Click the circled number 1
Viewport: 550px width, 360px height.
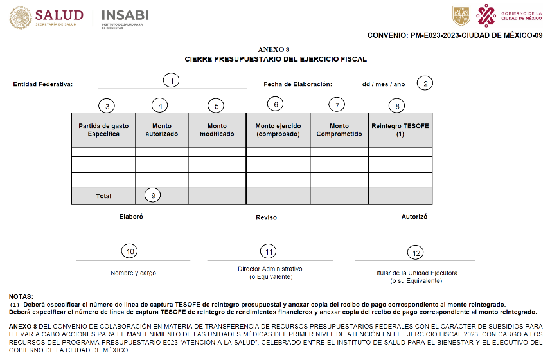point(171,80)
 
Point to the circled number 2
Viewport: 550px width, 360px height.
point(425,83)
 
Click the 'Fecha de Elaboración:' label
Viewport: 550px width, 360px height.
point(297,84)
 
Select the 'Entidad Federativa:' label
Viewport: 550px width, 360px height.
point(43,84)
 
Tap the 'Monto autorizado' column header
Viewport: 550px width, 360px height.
point(161,130)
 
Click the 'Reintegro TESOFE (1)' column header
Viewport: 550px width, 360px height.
point(400,129)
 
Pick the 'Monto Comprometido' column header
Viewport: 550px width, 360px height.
point(339,130)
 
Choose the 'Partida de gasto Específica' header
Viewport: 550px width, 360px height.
point(103,130)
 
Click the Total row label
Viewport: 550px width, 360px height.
point(103,196)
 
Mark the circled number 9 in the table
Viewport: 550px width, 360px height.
point(152,195)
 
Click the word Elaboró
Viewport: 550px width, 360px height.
point(131,217)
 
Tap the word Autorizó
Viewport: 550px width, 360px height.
point(414,217)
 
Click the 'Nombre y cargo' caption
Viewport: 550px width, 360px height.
point(133,273)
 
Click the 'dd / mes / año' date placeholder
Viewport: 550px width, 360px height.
point(384,84)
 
